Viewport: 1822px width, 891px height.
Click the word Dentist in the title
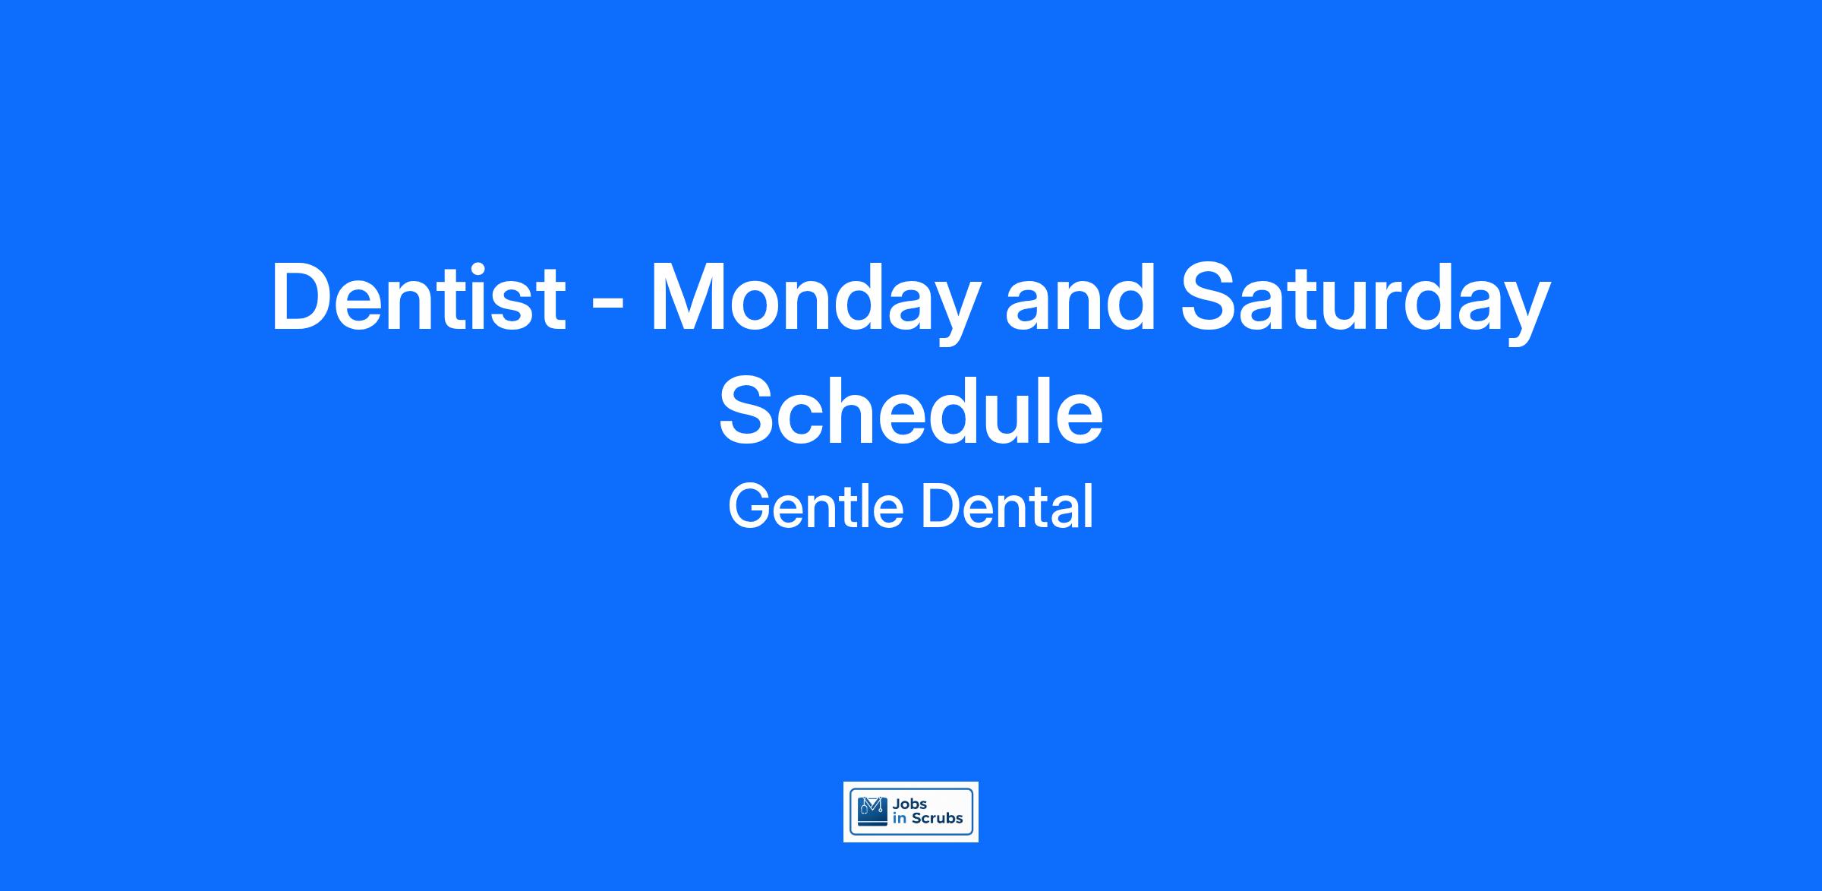tap(418, 297)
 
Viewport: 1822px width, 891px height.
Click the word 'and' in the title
tap(1080, 297)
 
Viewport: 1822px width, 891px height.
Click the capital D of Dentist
tap(303, 297)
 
